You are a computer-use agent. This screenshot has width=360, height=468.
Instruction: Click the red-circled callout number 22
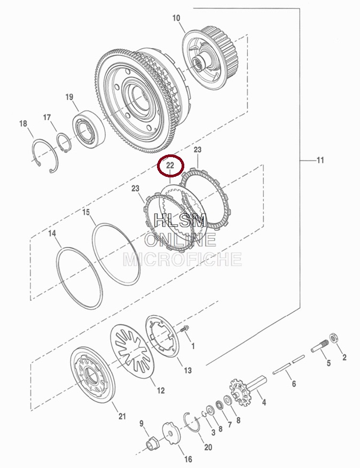pyautogui.click(x=170, y=166)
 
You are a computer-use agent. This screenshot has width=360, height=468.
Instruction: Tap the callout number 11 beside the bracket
pyautogui.click(x=320, y=160)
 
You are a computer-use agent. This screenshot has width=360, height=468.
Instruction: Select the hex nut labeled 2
pyautogui.click(x=333, y=338)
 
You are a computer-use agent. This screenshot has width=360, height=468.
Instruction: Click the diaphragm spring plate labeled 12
pyautogui.click(x=132, y=350)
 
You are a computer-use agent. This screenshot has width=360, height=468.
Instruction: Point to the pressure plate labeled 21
pyautogui.click(x=93, y=375)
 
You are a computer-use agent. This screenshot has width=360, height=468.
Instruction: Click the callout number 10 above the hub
pyautogui.click(x=176, y=18)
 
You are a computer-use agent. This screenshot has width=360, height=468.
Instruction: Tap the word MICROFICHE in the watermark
pyautogui.click(x=182, y=259)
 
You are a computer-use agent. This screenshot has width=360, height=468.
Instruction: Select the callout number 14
pyautogui.click(x=52, y=233)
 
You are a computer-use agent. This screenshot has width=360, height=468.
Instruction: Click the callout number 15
pyautogui.click(x=86, y=212)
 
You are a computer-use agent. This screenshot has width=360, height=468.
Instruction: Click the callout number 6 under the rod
pyautogui.click(x=294, y=384)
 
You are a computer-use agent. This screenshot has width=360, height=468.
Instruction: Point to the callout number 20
pyautogui.click(x=208, y=447)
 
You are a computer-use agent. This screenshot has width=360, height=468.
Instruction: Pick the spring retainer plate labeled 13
pyautogui.click(x=162, y=337)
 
